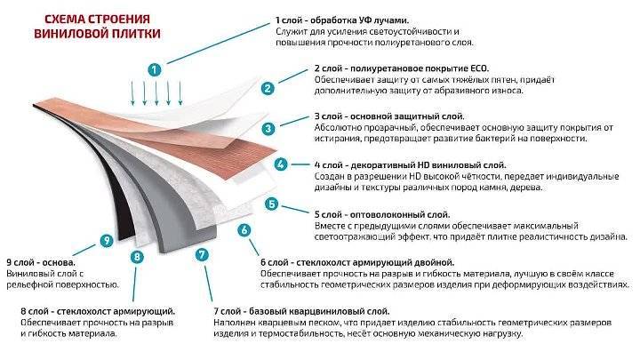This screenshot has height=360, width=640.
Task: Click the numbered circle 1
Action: tap(155, 70)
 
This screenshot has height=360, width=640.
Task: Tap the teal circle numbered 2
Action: tap(268, 88)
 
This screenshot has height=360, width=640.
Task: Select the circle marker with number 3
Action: tap(268, 129)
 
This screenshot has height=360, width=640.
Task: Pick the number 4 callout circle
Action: tap(280, 164)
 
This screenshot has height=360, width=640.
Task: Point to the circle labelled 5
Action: tap(271, 204)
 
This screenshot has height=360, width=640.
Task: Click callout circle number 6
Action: tap(244, 230)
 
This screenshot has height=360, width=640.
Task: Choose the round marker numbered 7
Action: tap(202, 255)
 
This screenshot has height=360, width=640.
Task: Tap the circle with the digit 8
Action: tap(137, 256)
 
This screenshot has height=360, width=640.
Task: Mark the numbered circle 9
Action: tap(107, 240)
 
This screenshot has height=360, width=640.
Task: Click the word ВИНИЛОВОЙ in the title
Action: tap(66, 33)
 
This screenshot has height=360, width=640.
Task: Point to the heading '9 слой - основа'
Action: tap(41, 262)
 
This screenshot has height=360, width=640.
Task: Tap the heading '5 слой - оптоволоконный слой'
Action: tap(382, 215)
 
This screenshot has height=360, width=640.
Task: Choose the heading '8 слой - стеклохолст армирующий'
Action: tap(98, 311)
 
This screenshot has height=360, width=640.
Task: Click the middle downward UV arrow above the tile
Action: tap(156, 93)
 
